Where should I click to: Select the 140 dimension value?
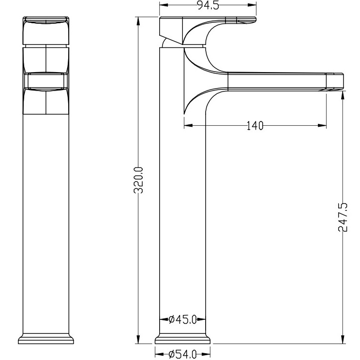(x=255, y=126)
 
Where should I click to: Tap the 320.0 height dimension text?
(x=139, y=180)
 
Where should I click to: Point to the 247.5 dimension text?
(x=343, y=217)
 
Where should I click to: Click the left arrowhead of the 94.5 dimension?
(x=163, y=5)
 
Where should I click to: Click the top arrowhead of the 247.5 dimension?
(x=343, y=93)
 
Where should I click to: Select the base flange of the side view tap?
(x=183, y=339)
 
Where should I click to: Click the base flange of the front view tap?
(x=46, y=339)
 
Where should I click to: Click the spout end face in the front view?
(x=46, y=81)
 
